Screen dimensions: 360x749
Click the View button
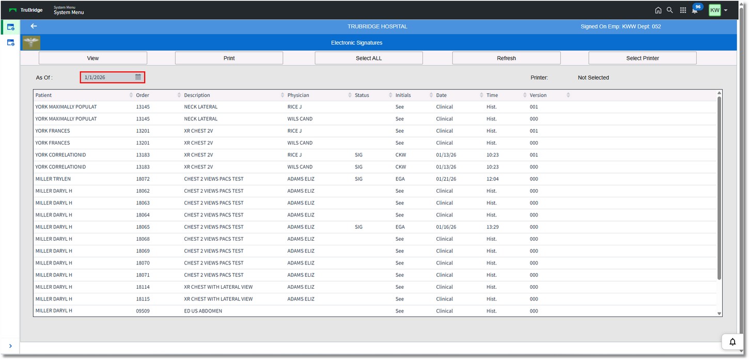tap(93, 58)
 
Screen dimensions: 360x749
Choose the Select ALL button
tap(369, 58)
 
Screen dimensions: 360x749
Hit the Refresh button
tap(506, 58)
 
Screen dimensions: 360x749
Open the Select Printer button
tap(642, 58)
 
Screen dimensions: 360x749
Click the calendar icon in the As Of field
tap(138, 77)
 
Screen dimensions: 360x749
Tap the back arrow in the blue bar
tap(34, 26)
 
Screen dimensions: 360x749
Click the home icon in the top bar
tap(658, 10)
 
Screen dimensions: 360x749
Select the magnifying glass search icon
tap(670, 10)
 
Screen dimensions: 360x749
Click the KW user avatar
tap(714, 10)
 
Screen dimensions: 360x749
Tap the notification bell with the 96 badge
tap(695, 10)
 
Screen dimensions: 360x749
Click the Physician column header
tap(299, 96)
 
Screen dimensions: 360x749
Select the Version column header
tap(538, 96)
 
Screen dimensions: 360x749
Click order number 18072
tap(143, 179)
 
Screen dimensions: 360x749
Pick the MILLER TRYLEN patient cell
tap(53, 179)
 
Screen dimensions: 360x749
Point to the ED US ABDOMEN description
tap(203, 311)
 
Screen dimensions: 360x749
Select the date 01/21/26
tap(446, 179)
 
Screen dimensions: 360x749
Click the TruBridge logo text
tap(32, 10)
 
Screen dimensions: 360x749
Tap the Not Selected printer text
tap(593, 78)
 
